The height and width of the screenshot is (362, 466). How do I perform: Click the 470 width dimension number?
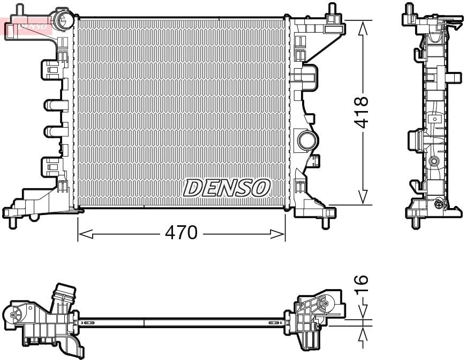tap(182, 233)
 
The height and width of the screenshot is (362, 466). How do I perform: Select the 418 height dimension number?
tap(363, 112)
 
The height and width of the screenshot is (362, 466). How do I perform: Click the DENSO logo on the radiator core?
tap(227, 188)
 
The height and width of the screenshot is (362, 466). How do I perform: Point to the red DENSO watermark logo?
tap(28, 24)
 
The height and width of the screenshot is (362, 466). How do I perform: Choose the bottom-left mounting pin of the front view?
tap(11, 222)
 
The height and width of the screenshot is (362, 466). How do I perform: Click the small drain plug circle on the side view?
tap(439, 203)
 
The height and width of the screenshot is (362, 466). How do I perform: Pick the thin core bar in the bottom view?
tap(182, 322)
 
